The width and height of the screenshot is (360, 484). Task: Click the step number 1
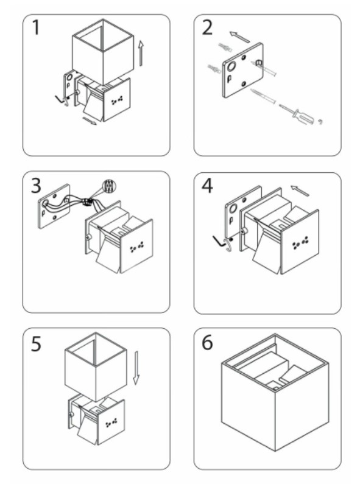(36, 27)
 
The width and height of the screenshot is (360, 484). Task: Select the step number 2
(208, 27)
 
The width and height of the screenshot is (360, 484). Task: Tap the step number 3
(36, 186)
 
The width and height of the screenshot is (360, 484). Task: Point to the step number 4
(208, 186)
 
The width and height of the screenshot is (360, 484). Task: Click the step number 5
(36, 344)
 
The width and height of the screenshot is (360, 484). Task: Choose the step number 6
(208, 342)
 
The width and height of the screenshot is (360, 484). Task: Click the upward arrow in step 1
(141, 53)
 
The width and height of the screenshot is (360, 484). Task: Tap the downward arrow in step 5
(136, 368)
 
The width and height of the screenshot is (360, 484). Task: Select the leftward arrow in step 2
(239, 37)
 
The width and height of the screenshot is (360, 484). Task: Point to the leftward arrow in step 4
(300, 191)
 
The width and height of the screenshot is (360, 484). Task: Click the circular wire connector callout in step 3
(109, 186)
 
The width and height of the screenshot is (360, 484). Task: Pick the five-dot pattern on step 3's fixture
(136, 247)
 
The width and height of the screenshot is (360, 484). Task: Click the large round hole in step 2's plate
(231, 66)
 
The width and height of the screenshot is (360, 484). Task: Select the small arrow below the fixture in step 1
(90, 121)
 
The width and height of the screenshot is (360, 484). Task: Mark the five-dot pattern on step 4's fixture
(300, 243)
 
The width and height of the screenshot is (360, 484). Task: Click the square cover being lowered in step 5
(96, 366)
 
